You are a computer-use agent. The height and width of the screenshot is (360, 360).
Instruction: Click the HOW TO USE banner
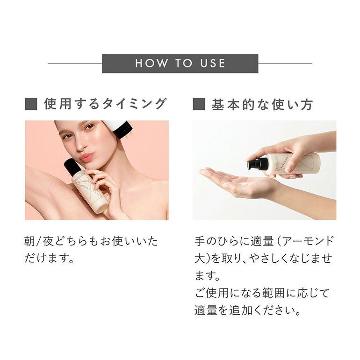(180, 64)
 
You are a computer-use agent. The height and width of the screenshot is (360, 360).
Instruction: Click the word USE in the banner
(210, 64)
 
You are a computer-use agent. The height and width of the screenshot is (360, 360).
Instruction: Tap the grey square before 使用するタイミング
(31, 104)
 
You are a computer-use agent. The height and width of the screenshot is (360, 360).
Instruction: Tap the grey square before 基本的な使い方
(199, 104)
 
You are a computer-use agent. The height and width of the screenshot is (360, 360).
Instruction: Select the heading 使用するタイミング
(105, 104)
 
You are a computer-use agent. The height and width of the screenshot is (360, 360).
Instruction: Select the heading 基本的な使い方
(262, 104)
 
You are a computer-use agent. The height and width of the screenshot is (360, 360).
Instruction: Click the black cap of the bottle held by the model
(72, 166)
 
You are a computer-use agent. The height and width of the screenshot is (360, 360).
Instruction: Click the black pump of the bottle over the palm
(258, 164)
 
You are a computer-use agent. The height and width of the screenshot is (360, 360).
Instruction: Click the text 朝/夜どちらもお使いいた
(91, 242)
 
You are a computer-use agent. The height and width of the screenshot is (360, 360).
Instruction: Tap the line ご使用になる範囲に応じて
(262, 293)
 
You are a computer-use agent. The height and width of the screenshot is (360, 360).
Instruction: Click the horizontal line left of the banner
(75, 64)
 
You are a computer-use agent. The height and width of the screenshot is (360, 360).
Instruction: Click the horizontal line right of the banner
(285, 64)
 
